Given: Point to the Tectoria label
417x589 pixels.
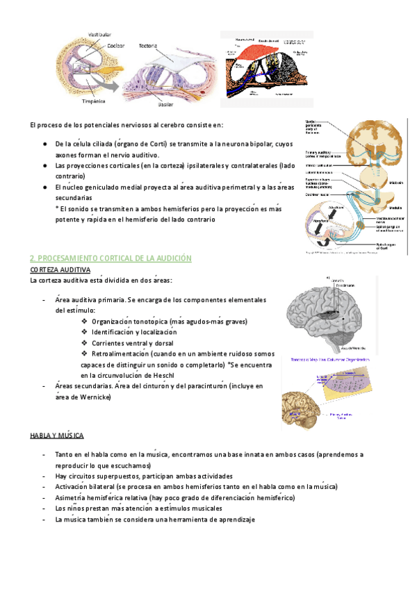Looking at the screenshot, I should (x=147, y=47).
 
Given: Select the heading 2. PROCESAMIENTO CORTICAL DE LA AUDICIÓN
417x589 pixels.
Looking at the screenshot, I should (x=111, y=258).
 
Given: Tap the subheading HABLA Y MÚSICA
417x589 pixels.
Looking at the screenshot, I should (x=57, y=435).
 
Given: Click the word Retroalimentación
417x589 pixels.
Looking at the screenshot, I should (x=120, y=354).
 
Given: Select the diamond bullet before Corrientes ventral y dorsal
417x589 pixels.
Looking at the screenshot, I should (x=84, y=343).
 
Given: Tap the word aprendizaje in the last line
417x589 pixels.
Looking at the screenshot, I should (x=233, y=520).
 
